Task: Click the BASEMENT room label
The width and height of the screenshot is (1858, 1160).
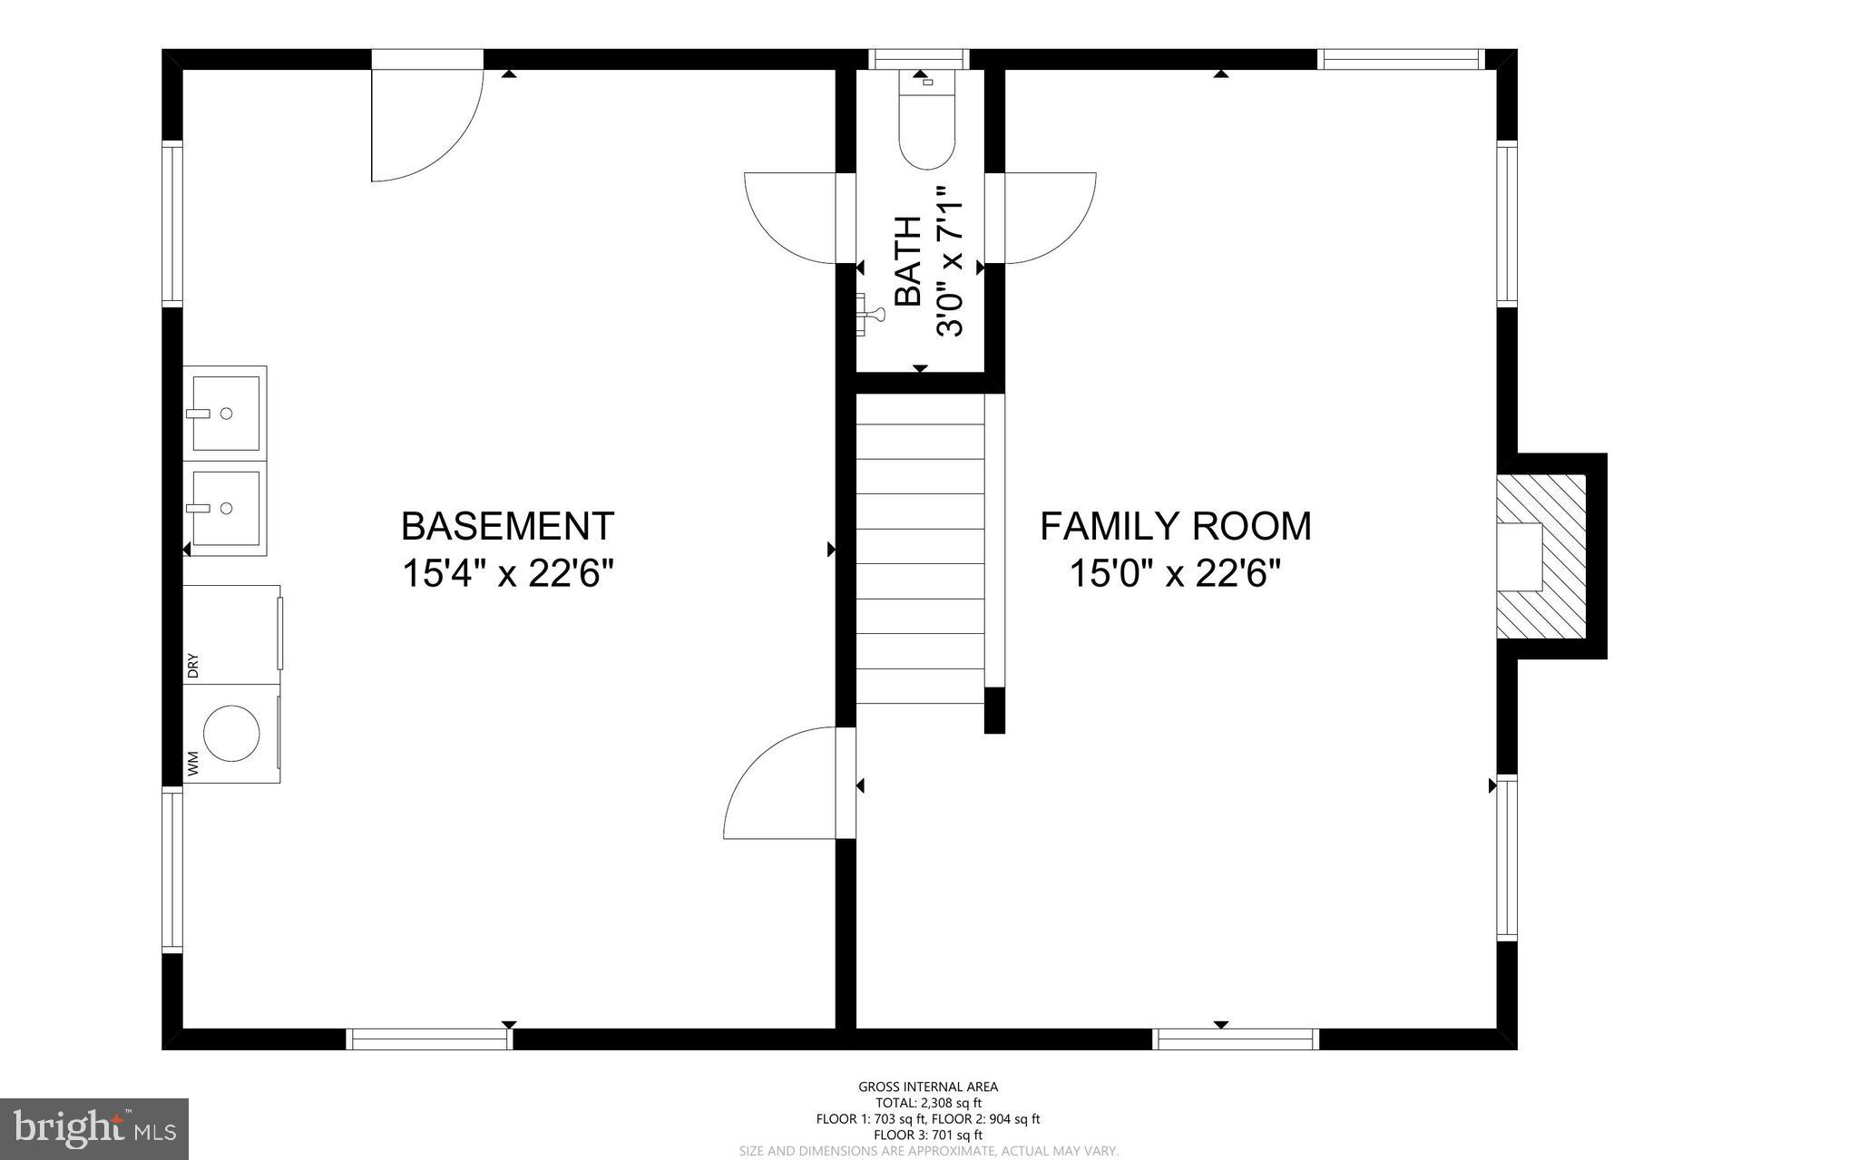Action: coord(508,526)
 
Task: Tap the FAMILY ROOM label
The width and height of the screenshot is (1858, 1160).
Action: coord(1176,526)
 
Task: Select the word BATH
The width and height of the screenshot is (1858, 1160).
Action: coord(908,261)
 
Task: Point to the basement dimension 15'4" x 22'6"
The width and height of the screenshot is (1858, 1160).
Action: coord(508,573)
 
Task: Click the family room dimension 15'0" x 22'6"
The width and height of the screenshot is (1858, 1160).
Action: coord(1176,573)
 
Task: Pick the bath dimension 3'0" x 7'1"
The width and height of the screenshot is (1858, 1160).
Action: coord(949,261)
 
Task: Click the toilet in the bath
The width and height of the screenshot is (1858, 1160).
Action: coord(927,119)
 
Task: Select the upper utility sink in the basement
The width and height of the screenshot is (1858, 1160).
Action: coord(225,413)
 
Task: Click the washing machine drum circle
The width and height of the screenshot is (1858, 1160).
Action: coord(232,732)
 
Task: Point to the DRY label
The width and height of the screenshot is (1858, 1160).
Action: coord(192,667)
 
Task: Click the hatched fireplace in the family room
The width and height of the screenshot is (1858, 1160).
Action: coord(1540,555)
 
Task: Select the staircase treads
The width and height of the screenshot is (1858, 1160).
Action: coord(921,549)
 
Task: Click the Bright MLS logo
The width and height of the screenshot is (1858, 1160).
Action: coord(94,1129)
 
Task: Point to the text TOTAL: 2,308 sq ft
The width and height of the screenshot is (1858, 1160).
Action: coord(928,1103)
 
